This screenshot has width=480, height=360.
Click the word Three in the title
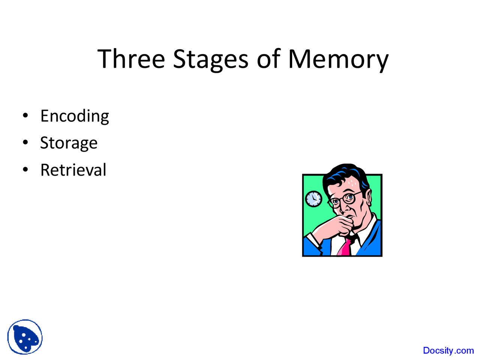point(131,59)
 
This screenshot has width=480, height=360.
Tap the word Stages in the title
point(210,59)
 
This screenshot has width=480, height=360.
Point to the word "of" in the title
point(268,59)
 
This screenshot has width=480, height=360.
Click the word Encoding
point(75,116)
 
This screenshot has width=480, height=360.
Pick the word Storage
point(69,143)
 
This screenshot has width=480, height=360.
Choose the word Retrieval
point(73,170)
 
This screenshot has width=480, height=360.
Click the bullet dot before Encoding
point(25,115)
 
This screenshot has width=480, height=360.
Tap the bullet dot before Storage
point(25,142)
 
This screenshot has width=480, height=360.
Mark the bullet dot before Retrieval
point(25,169)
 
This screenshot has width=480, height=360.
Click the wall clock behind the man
point(313,199)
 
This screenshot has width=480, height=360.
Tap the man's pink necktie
point(345,247)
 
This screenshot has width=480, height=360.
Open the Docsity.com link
point(448,351)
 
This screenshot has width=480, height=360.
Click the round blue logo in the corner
point(25,337)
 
